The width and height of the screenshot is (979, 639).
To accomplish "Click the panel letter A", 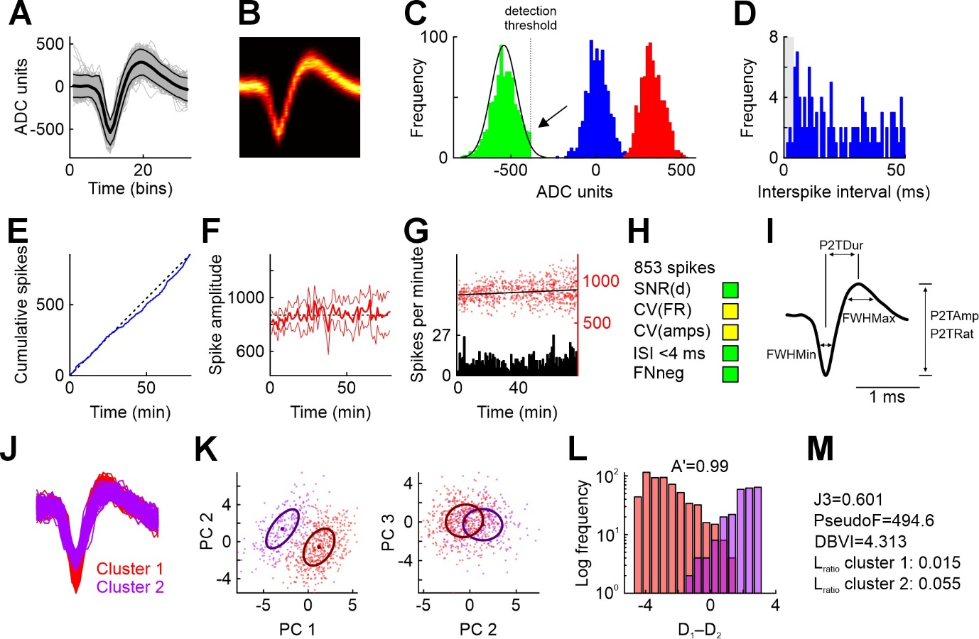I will [x=20, y=14].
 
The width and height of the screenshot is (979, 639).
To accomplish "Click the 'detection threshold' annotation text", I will [x=530, y=18].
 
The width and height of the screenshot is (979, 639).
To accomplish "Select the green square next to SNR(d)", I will [x=730, y=290].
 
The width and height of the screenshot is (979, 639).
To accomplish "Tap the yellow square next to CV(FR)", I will [x=730, y=311].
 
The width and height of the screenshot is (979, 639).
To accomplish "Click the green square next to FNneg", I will [x=730, y=374].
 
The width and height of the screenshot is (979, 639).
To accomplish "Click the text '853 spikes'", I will [x=674, y=268].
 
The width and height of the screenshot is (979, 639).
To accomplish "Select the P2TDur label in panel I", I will [x=841, y=246].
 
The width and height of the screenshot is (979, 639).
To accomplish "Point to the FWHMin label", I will [x=791, y=354].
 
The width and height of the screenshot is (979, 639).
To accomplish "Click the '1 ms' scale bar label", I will [x=887, y=398].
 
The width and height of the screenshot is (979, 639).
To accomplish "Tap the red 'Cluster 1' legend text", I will [x=130, y=569].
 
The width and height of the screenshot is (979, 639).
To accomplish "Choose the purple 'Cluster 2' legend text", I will [x=130, y=587].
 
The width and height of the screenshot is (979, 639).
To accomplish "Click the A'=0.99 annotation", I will [x=700, y=466].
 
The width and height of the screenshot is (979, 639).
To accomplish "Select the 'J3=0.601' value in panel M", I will [x=848, y=500].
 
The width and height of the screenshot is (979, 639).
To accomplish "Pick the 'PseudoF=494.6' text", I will [x=874, y=520].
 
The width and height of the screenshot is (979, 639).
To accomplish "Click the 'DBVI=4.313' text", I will [x=860, y=542].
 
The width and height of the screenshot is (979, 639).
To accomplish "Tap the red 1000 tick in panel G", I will [x=601, y=281].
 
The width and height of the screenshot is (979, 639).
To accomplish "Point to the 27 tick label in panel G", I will [x=441, y=335].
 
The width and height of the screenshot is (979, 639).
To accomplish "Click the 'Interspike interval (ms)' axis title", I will [x=843, y=192].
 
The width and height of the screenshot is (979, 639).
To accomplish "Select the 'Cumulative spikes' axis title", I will [x=21, y=315].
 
